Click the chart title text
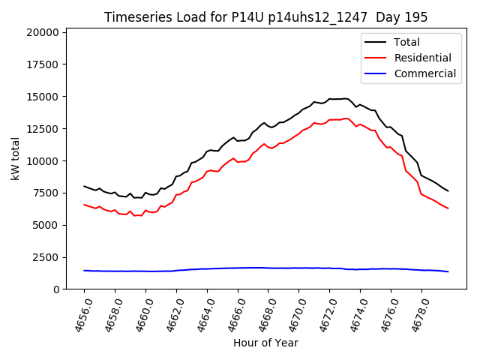(x=265, y=17)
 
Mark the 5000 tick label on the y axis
(x=46, y=225)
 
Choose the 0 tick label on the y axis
(x=55, y=289)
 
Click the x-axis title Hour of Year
(x=265, y=343)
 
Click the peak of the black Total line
(x=345, y=98)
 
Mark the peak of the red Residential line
(x=346, y=118)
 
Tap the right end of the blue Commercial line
(x=448, y=271)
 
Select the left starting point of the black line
(x=84, y=186)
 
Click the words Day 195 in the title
(x=405, y=17)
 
